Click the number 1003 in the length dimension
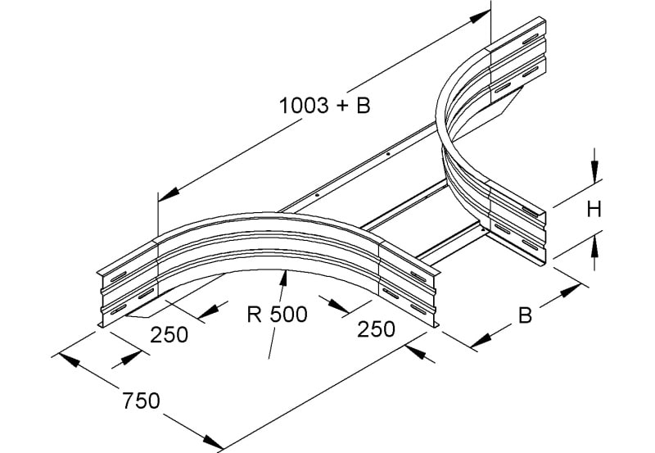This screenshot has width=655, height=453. pyautogui.click(x=304, y=106)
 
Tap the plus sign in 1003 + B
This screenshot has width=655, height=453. pyautogui.click(x=341, y=106)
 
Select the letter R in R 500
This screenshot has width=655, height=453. pyautogui.click(x=255, y=315)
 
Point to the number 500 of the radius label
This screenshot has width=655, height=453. pyautogui.click(x=289, y=315)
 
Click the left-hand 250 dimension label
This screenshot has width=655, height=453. pyautogui.click(x=169, y=335)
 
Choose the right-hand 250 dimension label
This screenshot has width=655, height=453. pyautogui.click(x=376, y=328)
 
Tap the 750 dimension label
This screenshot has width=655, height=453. pyautogui.click(x=141, y=401)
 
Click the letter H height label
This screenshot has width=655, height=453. pyautogui.click(x=594, y=210)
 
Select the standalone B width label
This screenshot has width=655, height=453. pyautogui.click(x=525, y=315)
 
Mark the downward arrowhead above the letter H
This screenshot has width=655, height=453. pyautogui.click(x=595, y=171)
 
